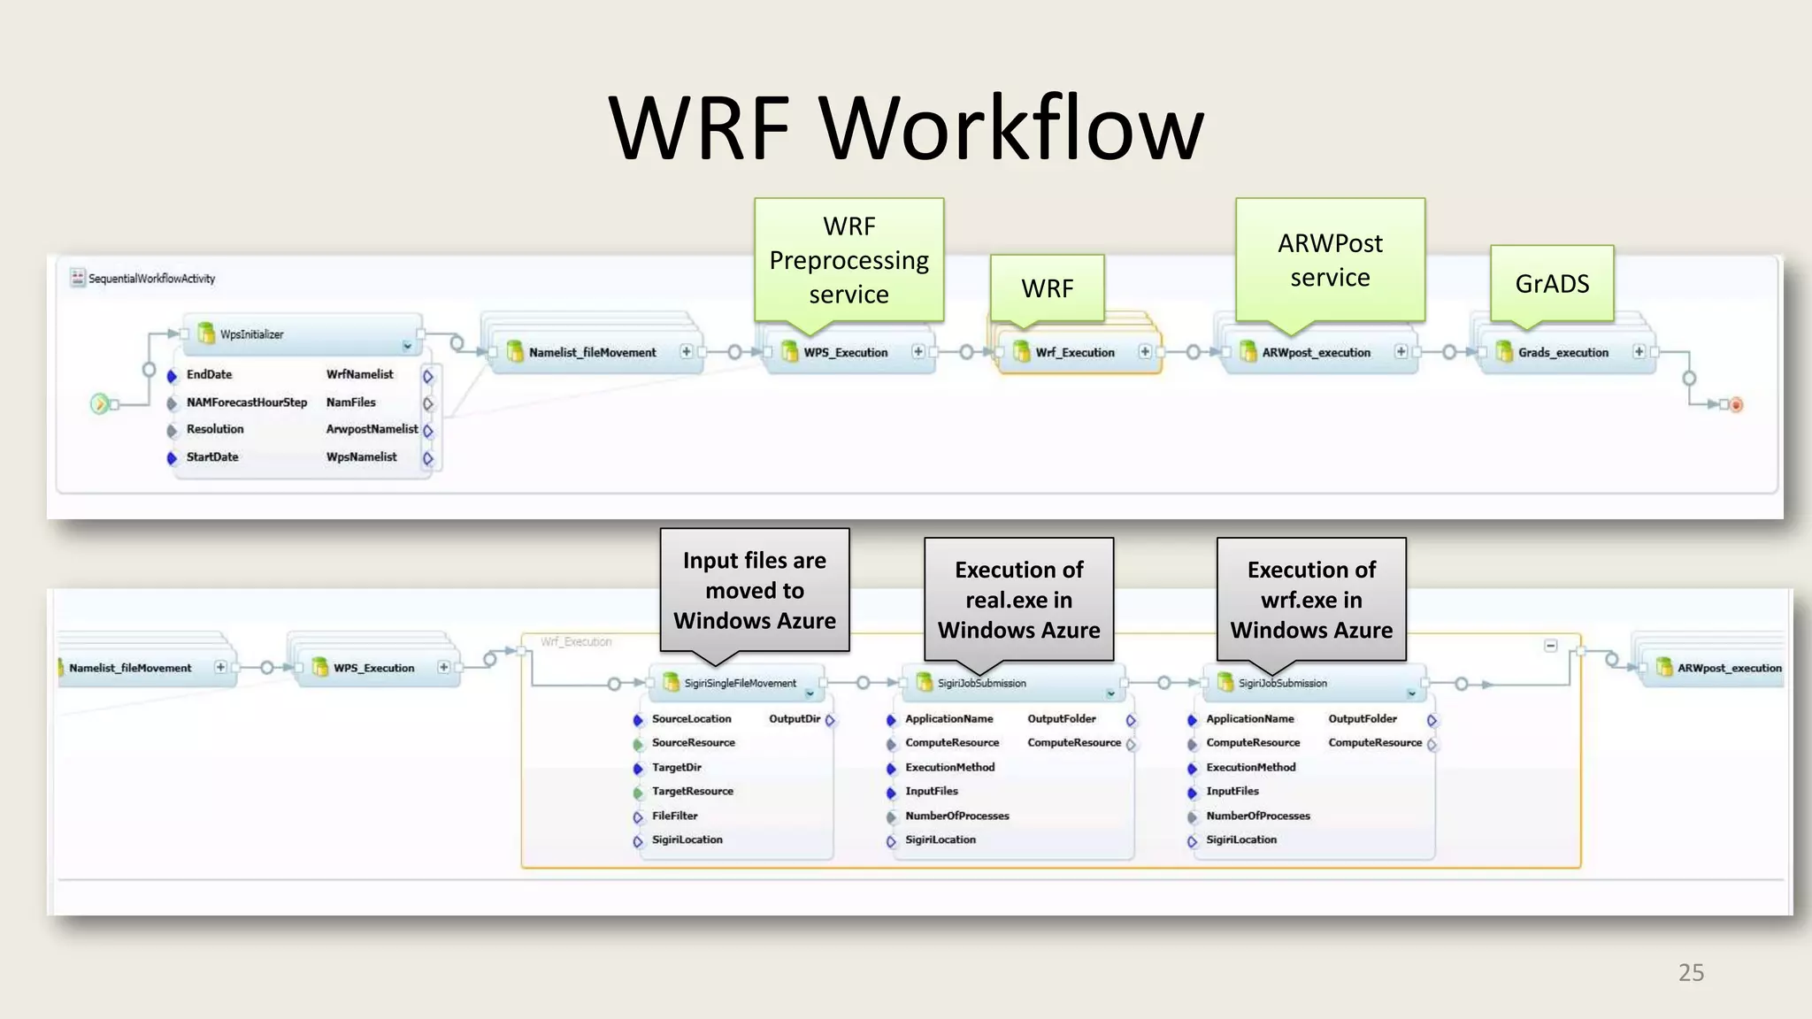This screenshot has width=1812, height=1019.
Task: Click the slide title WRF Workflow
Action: pos(906,128)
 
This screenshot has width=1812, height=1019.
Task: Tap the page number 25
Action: pos(1691,972)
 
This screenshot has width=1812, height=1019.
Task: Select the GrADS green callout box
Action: pos(1552,283)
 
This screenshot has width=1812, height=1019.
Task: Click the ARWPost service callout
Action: pos(1330,259)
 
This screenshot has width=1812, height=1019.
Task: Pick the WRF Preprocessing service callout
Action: pos(848,259)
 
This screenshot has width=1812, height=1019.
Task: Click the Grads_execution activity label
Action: pos(1563,352)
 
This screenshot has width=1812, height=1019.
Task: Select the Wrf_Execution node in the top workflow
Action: pos(1075,352)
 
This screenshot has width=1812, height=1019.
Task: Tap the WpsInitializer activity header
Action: pos(252,334)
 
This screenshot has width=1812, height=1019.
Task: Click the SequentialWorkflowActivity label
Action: pos(151,279)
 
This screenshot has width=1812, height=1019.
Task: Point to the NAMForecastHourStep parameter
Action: pos(246,402)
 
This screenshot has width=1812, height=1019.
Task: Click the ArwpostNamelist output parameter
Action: pos(372,429)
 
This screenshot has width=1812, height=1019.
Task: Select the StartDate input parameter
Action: pos(212,457)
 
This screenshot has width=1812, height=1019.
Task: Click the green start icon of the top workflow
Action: pos(100,404)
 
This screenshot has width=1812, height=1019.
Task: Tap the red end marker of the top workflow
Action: pos(1737,405)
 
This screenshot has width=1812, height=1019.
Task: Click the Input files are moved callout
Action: pos(755,590)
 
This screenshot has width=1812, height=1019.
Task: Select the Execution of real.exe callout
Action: pos(1018,599)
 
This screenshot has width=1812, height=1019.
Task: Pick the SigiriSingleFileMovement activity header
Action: pos(740,683)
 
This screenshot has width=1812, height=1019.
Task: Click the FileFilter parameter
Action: pos(674,816)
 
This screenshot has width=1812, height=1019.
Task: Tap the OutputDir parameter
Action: pos(795,719)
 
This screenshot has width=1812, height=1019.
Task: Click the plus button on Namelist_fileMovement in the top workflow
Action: pos(686,352)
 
